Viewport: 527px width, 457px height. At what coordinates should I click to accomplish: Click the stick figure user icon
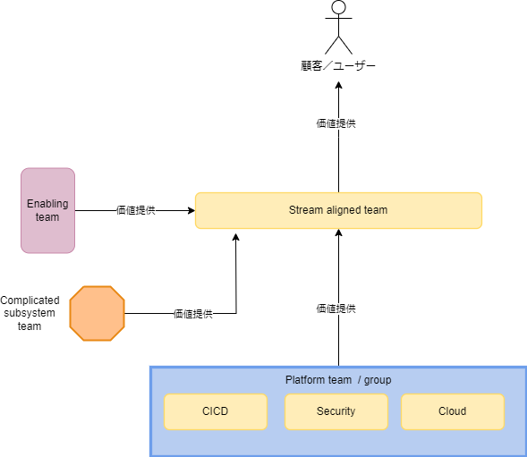(338, 29)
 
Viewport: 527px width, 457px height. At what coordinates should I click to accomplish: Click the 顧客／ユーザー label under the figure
(338, 66)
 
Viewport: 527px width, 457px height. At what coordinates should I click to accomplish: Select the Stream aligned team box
(338, 210)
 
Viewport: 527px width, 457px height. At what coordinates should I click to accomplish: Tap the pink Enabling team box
(47, 210)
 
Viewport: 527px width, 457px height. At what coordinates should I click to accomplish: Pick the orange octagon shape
(97, 313)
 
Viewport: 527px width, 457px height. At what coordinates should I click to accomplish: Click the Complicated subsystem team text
(30, 313)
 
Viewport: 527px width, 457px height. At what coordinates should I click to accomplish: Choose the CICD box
(216, 411)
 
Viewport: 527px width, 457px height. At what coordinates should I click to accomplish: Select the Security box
(336, 411)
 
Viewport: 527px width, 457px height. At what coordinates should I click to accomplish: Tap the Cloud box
(452, 411)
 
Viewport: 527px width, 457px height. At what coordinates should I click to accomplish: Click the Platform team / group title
(337, 380)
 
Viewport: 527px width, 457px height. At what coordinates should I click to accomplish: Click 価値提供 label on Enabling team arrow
(136, 210)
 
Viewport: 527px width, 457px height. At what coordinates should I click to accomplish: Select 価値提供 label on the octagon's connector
(192, 314)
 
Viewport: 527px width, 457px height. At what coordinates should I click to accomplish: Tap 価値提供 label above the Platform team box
(336, 309)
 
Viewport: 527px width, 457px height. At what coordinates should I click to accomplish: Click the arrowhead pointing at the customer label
(339, 85)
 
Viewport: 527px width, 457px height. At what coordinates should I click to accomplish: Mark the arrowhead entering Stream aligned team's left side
(190, 210)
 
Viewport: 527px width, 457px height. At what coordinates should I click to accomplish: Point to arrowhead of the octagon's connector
(236, 236)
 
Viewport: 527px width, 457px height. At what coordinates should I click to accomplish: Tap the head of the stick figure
(338, 8)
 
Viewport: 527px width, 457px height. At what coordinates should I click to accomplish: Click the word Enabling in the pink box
(47, 204)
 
